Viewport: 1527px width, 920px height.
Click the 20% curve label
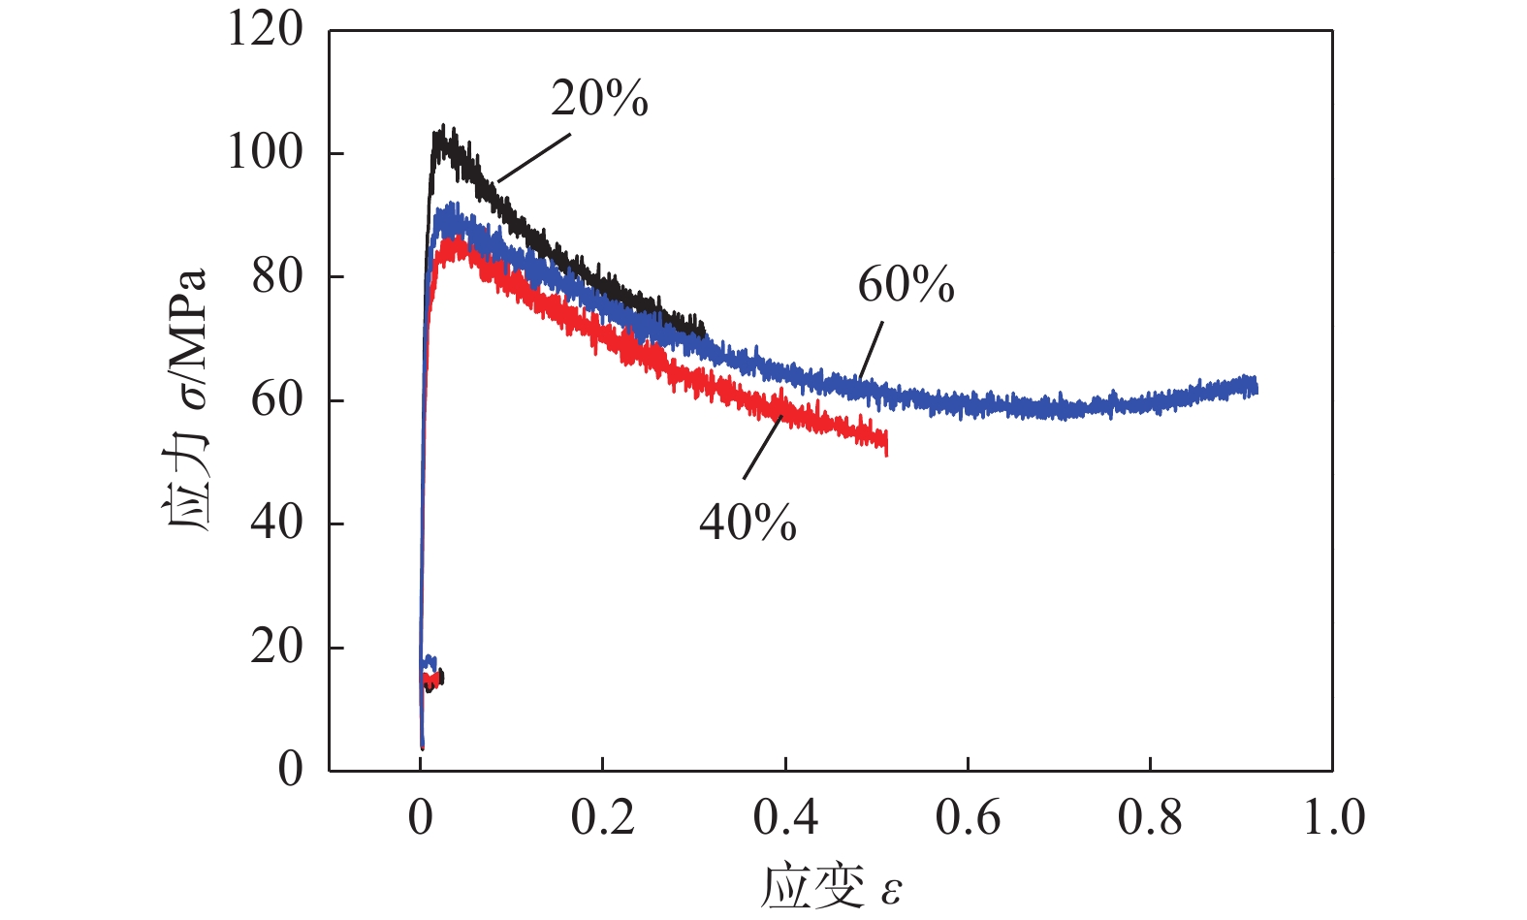(x=599, y=99)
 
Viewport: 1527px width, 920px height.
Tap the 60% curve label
(x=906, y=285)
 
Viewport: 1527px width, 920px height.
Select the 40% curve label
(x=748, y=523)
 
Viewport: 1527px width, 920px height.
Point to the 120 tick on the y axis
(x=265, y=29)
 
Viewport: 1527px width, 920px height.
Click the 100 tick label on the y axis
(x=265, y=152)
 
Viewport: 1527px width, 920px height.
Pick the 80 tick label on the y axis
(x=276, y=276)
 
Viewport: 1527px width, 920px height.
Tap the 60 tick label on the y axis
(x=276, y=399)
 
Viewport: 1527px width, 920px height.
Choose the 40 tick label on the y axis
(x=276, y=523)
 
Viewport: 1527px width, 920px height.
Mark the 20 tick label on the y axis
(x=276, y=647)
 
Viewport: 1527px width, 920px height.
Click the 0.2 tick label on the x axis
(x=602, y=817)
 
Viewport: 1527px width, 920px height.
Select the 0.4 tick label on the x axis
(x=785, y=817)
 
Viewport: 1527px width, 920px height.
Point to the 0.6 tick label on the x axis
(x=968, y=817)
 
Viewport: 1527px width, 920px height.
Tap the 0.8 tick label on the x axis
(x=1150, y=817)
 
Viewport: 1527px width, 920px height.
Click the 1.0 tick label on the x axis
(x=1333, y=817)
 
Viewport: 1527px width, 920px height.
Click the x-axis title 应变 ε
(x=832, y=886)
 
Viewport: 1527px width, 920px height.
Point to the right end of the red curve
(x=885, y=443)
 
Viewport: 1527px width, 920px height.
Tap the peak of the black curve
(x=443, y=129)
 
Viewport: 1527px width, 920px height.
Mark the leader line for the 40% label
(x=762, y=447)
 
